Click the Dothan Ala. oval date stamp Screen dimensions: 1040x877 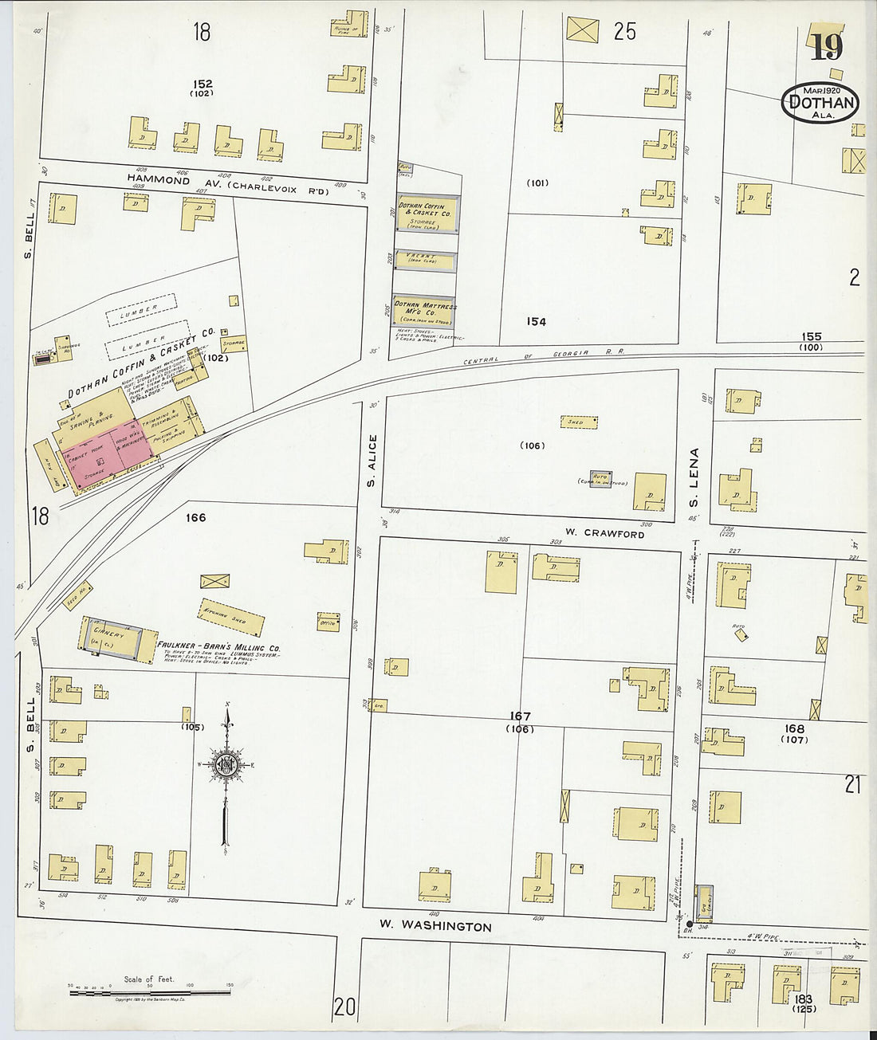coord(820,103)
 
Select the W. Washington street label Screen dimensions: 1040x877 coord(435,926)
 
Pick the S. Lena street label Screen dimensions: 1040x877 coord(694,477)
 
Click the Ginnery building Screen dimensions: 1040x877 coord(110,638)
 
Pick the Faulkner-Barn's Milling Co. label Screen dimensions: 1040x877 coord(218,647)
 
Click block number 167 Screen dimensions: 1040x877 coord(520,716)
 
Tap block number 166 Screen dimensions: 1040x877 coord(195,518)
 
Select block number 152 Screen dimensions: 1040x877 coord(203,84)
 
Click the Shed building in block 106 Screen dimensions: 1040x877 coord(579,422)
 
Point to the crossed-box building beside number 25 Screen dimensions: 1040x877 coord(582,29)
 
